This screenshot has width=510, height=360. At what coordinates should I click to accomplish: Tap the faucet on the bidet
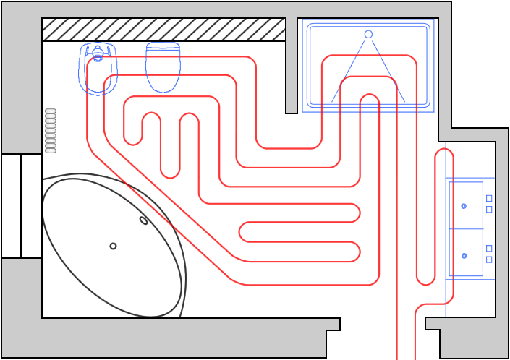[98, 52]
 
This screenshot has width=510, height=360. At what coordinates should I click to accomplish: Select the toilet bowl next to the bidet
[163, 67]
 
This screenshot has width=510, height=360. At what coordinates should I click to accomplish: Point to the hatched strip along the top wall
[163, 30]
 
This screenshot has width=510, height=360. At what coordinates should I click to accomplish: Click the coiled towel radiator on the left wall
[51, 131]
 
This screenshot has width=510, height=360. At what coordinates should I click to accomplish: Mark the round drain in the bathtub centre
[113, 246]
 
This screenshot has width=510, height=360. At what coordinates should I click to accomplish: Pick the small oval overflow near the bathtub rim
[143, 220]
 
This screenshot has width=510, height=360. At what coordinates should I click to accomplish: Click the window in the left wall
[21, 205]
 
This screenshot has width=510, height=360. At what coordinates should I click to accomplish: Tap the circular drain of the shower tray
[368, 34]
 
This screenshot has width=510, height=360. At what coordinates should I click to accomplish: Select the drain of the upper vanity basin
[464, 206]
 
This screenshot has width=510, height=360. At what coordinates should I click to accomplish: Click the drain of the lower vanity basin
[464, 256]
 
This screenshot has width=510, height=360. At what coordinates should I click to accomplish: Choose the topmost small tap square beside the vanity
[489, 197]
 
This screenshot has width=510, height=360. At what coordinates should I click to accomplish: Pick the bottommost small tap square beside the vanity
[489, 260]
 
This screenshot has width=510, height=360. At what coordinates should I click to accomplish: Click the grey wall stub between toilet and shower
[292, 65]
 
